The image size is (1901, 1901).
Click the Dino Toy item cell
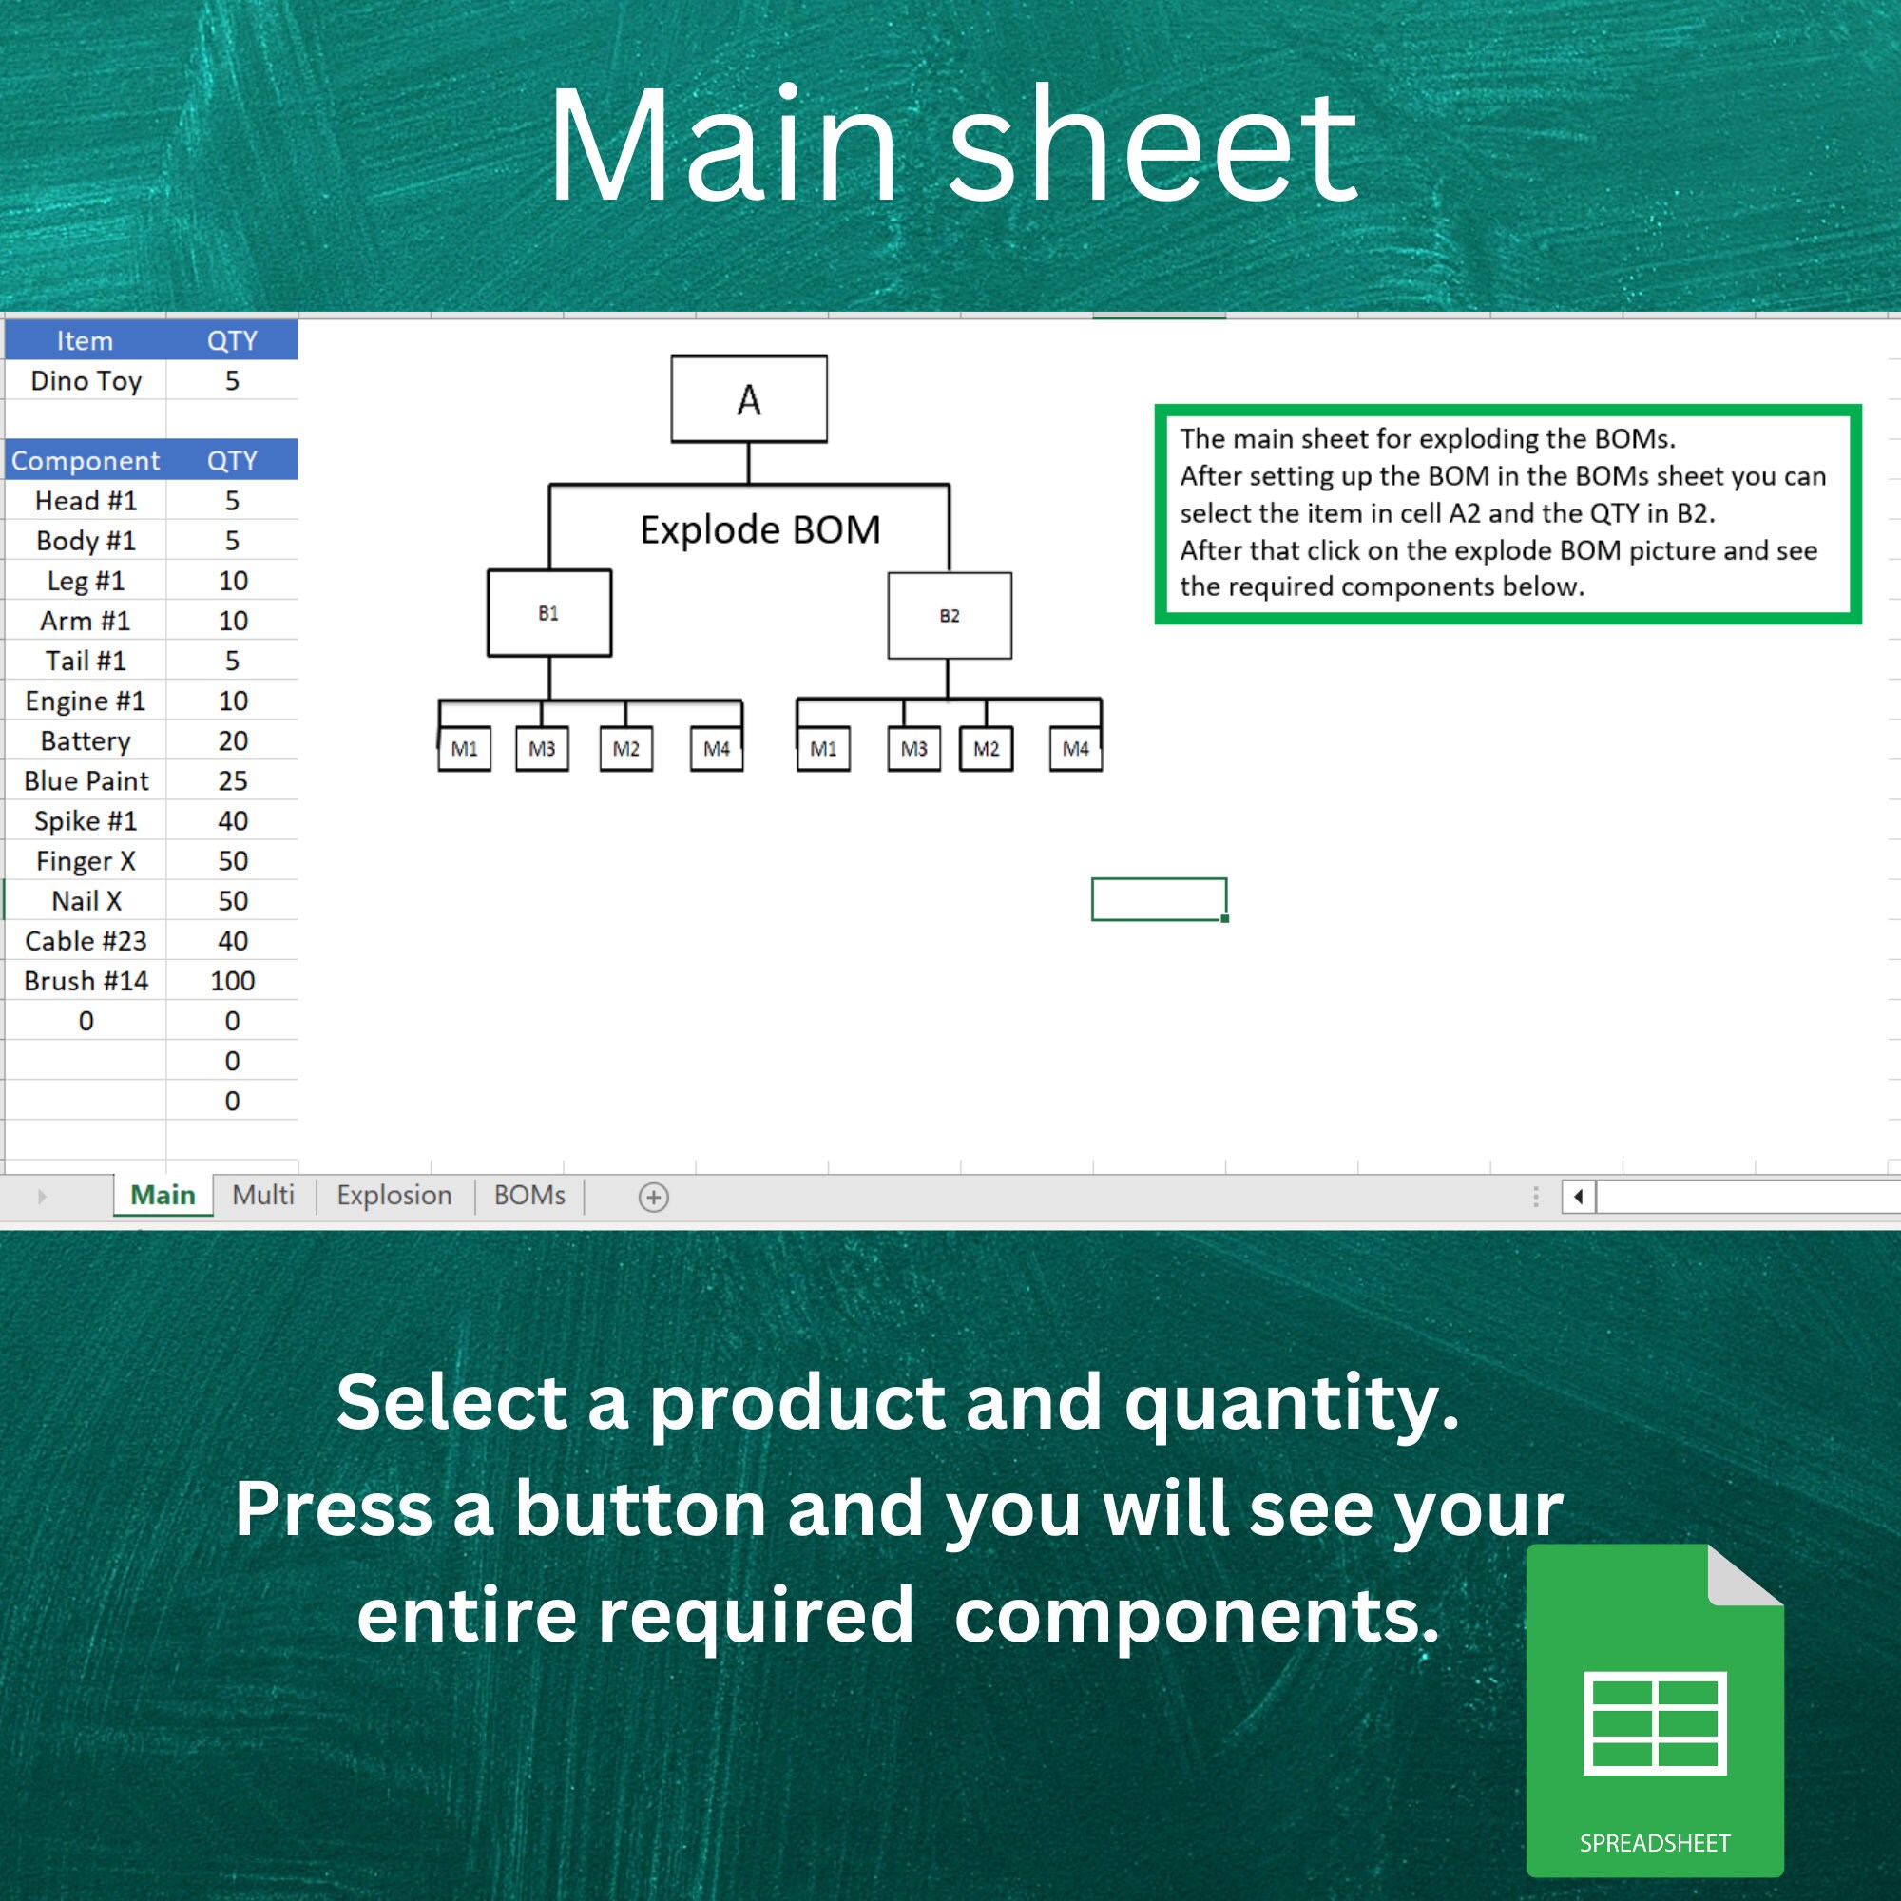click(86, 381)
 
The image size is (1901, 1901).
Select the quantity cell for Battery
click(232, 741)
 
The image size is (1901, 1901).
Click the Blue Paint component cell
click(86, 781)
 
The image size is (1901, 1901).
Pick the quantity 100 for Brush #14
click(232, 981)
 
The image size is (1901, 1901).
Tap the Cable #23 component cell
click(86, 941)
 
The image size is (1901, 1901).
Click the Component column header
click(86, 460)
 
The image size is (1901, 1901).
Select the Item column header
click(86, 340)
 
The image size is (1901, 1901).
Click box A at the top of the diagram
click(749, 398)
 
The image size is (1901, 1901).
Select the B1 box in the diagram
click(549, 613)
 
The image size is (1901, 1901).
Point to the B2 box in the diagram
click(950, 616)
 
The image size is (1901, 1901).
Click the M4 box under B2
click(1075, 749)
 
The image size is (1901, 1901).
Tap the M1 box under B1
click(465, 749)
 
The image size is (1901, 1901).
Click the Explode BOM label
click(760, 529)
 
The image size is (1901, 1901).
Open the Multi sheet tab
click(263, 1196)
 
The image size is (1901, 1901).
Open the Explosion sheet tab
click(394, 1196)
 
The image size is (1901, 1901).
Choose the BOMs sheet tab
click(529, 1196)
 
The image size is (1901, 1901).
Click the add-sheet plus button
click(653, 1198)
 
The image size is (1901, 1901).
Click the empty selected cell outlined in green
click(1159, 899)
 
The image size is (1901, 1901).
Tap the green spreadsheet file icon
click(1655, 1710)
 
